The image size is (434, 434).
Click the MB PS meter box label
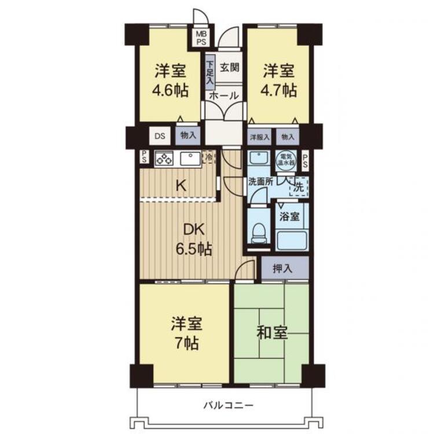point(201,38)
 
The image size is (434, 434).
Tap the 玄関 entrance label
point(230,67)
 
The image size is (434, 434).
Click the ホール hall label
point(223,95)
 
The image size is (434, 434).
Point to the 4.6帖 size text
point(171,90)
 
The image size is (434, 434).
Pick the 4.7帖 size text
point(279,90)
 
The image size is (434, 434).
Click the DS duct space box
point(160,136)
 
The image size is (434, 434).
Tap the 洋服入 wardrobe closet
point(259,137)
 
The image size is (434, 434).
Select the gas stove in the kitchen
point(164,159)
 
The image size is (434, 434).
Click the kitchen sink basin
point(190,159)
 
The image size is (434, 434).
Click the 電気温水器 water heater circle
point(286,160)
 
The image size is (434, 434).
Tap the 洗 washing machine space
point(299,187)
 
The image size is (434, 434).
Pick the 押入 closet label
point(282,269)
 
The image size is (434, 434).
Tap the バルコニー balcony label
point(229,406)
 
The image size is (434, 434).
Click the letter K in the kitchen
point(181,185)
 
